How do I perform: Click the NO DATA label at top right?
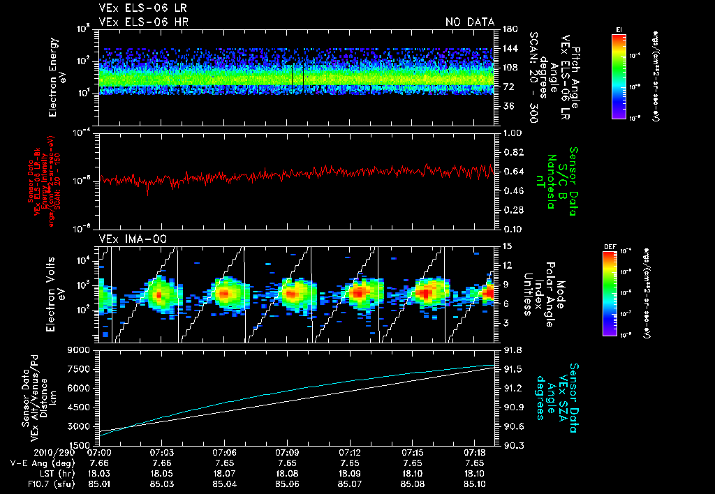[469, 22]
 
